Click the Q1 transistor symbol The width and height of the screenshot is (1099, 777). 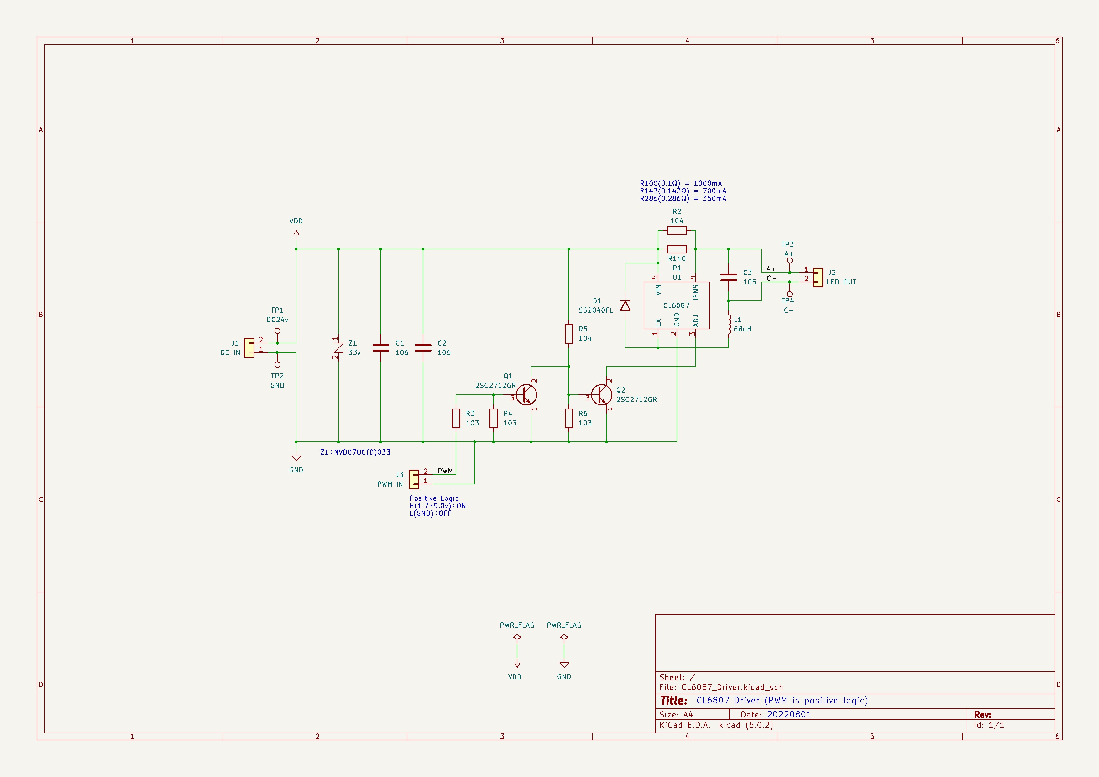(526, 395)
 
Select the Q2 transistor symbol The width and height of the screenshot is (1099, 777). (602, 395)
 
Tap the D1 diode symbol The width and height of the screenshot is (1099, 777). (625, 305)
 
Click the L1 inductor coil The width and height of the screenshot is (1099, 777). (730, 324)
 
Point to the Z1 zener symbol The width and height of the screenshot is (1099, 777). (338, 348)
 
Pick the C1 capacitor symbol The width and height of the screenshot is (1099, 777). (380, 348)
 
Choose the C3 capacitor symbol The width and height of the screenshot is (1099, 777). (729, 277)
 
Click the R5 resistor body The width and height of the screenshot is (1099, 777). (569, 333)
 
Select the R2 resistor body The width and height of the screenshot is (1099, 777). (677, 230)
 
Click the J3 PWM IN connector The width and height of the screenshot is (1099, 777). (414, 479)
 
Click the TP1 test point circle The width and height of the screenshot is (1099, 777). (277, 331)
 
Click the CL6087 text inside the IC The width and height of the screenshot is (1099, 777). (676, 305)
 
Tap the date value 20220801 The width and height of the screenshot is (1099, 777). (789, 714)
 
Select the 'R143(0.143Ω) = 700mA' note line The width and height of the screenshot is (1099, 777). (683, 191)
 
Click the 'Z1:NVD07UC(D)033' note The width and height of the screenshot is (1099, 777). (355, 452)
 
